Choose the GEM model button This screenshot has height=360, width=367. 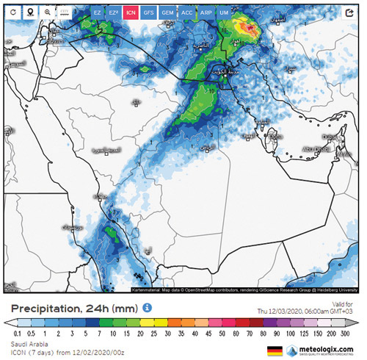(x=168, y=12)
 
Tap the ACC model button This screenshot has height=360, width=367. (x=186, y=12)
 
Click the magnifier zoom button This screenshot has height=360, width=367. (x=48, y=12)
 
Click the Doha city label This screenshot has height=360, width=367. (x=275, y=136)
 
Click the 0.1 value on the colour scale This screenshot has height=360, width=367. (x=16, y=334)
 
